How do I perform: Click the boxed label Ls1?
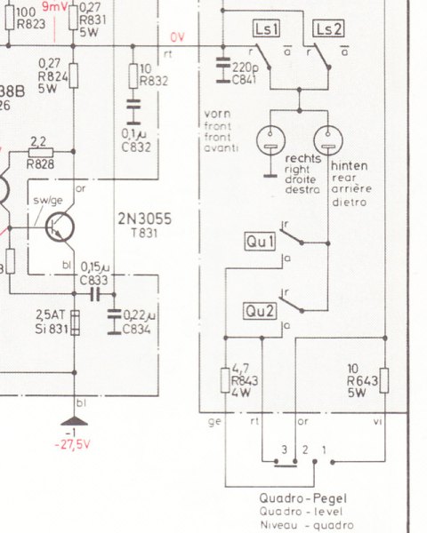coord(267,28)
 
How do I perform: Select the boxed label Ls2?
coord(328,28)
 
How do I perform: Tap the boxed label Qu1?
coord(260,242)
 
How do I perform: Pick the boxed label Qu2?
coord(260,311)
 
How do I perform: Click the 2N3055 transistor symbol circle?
coord(60,227)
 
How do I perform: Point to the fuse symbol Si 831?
coord(75,322)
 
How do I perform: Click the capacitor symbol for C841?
coord(223,70)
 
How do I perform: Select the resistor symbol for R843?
coord(225,380)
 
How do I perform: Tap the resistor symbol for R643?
coord(384,380)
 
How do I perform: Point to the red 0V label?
coord(177,37)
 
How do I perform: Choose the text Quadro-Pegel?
coord(303,498)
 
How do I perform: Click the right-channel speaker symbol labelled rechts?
coord(270,140)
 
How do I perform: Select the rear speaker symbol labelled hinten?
coord(328,140)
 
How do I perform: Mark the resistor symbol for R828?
coord(41,152)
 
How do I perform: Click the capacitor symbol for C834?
coord(114,322)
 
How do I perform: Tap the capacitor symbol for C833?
coord(95,294)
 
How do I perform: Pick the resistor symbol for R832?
coord(133,76)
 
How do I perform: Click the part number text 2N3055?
coord(145,219)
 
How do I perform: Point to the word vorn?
coord(218,115)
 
